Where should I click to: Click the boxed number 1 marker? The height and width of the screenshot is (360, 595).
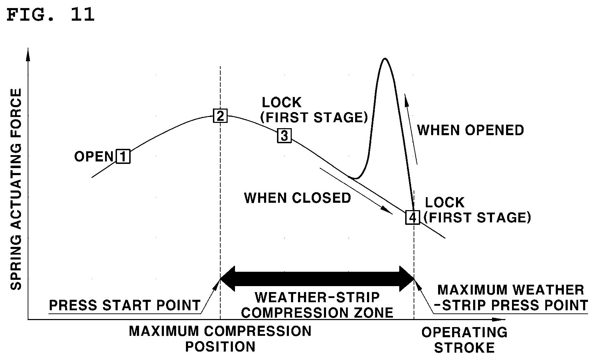click(123, 157)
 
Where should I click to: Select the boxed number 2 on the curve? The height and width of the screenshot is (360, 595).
click(220, 116)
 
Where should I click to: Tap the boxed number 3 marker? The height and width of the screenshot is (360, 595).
click(284, 136)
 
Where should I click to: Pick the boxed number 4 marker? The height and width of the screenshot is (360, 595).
click(413, 217)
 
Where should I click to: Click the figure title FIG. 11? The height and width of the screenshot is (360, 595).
click(50, 15)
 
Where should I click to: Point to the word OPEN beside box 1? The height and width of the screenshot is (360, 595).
click(94, 157)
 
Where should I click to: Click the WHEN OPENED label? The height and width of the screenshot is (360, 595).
click(470, 130)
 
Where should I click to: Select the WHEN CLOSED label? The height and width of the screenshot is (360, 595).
click(298, 198)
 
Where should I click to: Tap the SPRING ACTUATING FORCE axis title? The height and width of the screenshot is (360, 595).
click(16, 189)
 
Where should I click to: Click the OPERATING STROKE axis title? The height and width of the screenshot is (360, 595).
click(464, 340)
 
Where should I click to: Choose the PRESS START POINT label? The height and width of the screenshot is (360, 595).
click(125, 305)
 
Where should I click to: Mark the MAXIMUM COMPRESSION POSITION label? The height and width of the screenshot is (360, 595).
click(220, 339)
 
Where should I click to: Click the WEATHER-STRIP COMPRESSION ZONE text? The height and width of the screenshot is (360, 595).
click(317, 305)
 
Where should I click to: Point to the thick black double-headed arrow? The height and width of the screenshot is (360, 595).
click(317, 279)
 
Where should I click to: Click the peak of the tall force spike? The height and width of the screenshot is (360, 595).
click(385, 58)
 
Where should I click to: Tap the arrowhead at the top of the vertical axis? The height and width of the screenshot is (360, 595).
click(28, 55)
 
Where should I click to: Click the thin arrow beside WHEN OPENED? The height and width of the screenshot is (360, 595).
click(411, 129)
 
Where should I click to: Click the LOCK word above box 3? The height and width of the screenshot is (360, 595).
click(282, 102)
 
